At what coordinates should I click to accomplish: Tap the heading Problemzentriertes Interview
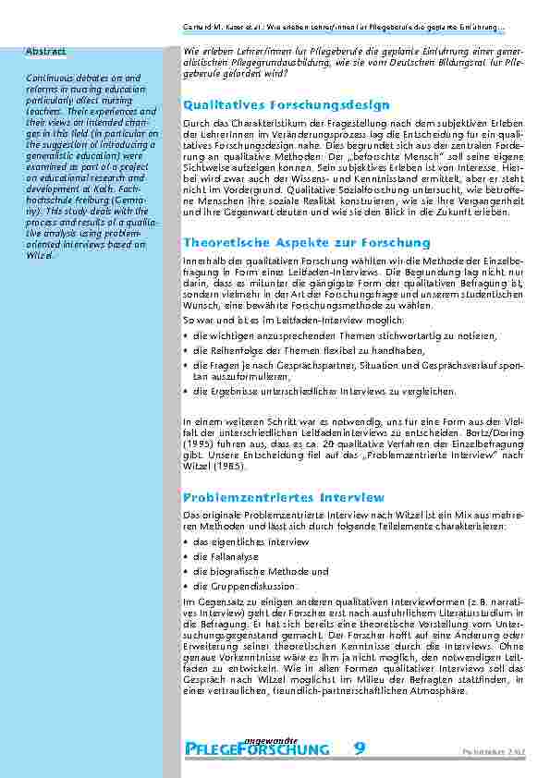click(x=271, y=496)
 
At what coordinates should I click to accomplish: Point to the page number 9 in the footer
click(x=358, y=723)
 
